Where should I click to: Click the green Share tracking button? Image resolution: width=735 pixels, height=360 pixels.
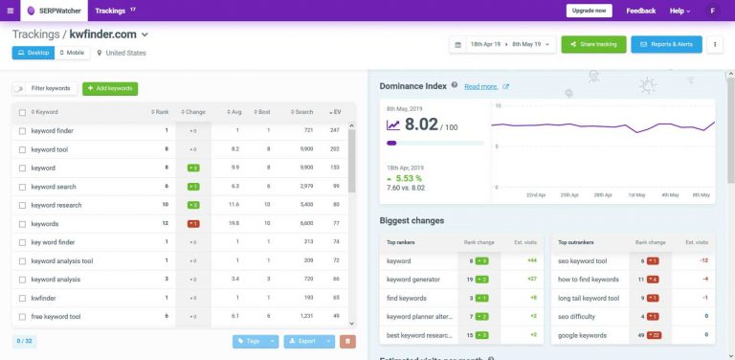tap(593, 45)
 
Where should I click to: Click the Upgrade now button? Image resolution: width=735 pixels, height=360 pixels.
tap(589, 11)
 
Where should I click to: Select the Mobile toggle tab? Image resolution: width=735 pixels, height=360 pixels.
tap(70, 53)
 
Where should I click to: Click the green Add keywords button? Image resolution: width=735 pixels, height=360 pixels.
tap(109, 88)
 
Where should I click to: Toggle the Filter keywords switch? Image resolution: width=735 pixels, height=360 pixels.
tap(20, 88)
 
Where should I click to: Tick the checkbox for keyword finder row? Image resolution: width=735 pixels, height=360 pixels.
tap(22, 130)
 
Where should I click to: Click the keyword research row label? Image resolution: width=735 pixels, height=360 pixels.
tap(56, 205)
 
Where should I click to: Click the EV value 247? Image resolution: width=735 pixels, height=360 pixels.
tap(335, 130)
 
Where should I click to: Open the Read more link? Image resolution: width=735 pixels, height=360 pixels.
tap(481, 86)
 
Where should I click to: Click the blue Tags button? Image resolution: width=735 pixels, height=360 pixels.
tap(250, 341)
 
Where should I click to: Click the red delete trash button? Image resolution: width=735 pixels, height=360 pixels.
tap(348, 341)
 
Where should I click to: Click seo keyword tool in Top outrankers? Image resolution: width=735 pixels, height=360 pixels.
tap(582, 261)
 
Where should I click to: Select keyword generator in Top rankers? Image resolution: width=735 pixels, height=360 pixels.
tap(413, 279)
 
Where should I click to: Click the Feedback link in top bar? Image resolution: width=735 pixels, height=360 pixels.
tap(640, 11)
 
